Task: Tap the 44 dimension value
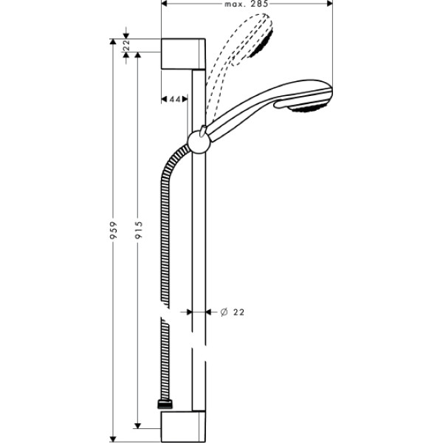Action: [x=175, y=99]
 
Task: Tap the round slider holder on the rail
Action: [x=199, y=140]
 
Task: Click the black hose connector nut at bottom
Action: [x=162, y=406]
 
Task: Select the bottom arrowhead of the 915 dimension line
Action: [x=137, y=425]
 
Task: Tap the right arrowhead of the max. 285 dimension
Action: [x=329, y=4]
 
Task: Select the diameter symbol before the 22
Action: [x=224, y=312]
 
